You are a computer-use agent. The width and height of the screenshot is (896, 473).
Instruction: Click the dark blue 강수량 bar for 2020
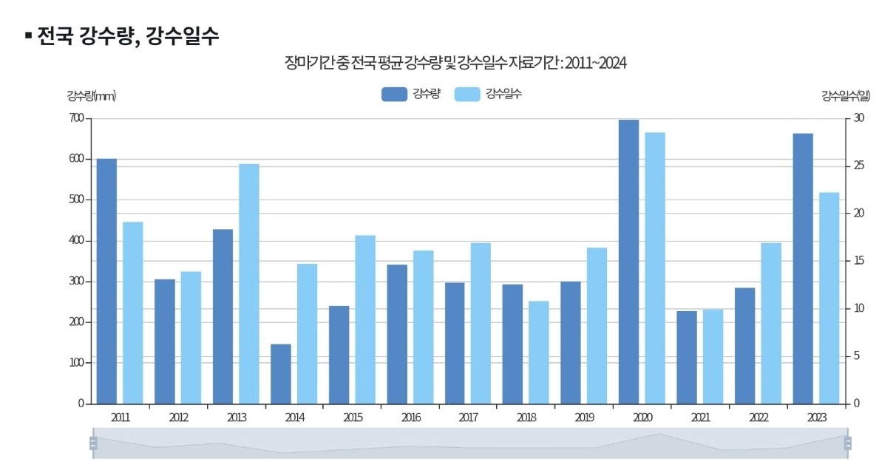tap(628, 262)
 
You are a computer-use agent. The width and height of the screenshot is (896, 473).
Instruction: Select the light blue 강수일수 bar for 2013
tap(249, 284)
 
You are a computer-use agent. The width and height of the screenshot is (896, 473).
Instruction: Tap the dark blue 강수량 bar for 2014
tap(281, 374)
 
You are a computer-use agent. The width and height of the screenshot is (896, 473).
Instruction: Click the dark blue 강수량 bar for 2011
tap(106, 281)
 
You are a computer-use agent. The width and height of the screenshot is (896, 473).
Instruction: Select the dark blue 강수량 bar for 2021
tap(687, 358)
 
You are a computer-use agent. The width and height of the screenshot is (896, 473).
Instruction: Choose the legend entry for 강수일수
tap(488, 94)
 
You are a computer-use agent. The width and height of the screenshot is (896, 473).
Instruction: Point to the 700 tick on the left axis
tap(77, 118)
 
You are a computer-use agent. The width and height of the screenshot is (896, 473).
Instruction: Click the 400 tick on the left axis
tap(77, 241)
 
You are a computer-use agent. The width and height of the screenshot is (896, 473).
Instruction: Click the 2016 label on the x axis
tap(410, 418)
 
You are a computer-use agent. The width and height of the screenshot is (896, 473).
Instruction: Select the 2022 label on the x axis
tap(758, 418)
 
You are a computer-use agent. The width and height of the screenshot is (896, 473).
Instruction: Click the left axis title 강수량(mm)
tap(91, 95)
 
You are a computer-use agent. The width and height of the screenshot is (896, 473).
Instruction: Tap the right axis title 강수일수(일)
tap(845, 95)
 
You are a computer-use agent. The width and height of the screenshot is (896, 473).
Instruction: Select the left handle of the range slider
tap(93, 443)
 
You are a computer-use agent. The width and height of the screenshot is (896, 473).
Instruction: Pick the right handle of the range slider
tap(847, 443)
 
